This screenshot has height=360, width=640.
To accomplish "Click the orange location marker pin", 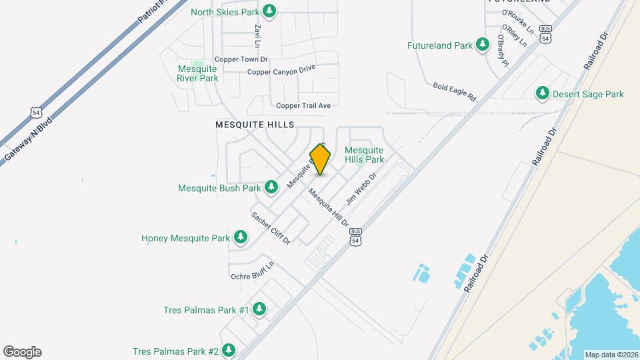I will click(x=321, y=159).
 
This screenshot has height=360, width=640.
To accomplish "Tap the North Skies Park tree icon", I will click(x=269, y=11).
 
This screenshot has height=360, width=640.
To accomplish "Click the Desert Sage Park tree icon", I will click(x=543, y=94).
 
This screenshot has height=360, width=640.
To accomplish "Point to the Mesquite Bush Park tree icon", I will click(x=271, y=187).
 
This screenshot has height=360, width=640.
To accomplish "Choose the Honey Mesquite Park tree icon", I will click(x=241, y=237).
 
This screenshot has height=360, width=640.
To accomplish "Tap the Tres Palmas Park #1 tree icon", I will click(x=259, y=309).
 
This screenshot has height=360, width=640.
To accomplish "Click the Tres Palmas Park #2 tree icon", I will click(x=229, y=351).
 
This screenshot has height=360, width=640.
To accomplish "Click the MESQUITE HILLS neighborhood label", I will click(x=255, y=125).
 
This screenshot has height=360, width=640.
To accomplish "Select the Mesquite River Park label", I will click(x=197, y=73).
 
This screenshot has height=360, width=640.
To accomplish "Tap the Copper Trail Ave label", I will click(x=303, y=105).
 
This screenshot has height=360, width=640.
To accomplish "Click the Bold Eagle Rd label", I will click(x=455, y=91).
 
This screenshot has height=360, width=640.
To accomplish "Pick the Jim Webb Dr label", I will click(x=361, y=189).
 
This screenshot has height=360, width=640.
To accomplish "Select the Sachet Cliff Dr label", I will click(x=270, y=228).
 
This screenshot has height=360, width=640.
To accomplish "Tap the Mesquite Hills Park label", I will click(x=364, y=155).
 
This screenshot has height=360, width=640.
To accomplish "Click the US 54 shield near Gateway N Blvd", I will click(x=37, y=113).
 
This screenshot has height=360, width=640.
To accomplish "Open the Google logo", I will click(x=22, y=352).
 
